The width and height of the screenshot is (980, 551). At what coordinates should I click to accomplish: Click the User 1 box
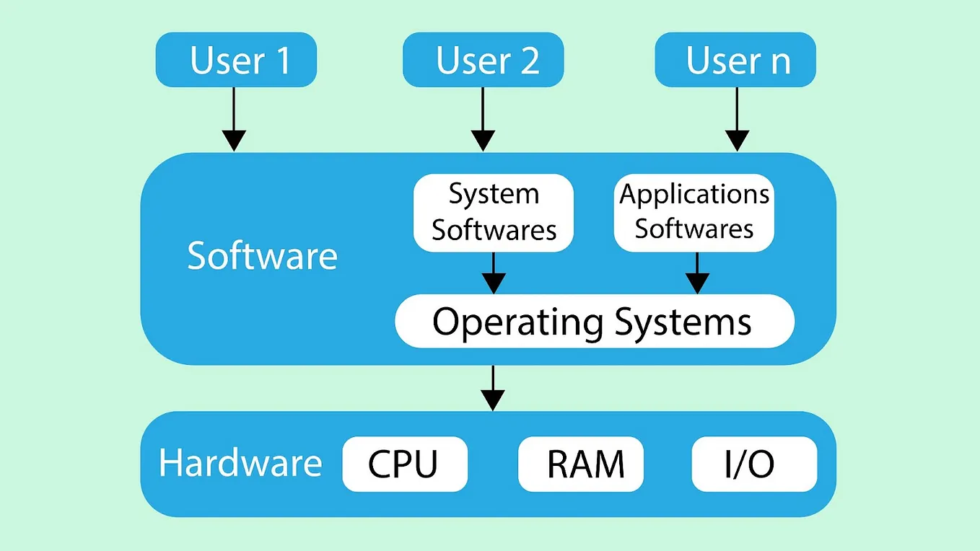coord(236,61)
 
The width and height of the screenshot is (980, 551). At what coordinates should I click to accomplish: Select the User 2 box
coord(483,61)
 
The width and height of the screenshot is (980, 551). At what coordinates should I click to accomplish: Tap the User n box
coord(735,61)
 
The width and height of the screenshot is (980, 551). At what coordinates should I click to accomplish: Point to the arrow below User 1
coord(234,120)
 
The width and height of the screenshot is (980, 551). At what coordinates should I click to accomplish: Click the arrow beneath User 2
coord(483,120)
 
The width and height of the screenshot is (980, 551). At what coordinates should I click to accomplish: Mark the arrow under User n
coord(737,120)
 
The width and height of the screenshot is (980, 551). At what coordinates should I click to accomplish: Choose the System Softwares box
coord(494,213)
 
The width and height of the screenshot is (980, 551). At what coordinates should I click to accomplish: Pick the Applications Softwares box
coord(694,213)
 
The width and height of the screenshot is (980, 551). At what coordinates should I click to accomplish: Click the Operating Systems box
coord(594,321)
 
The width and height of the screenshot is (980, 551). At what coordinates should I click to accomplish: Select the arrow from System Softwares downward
coord(494,273)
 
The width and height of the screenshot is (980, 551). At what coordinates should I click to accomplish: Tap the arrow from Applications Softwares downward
coord(696,273)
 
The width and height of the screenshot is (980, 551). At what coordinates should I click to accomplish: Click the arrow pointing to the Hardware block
coord(493,388)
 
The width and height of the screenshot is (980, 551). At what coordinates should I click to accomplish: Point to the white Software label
coord(262,256)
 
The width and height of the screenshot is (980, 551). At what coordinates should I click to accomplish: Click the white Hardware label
coord(240,463)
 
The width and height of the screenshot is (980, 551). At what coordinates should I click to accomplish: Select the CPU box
coord(404,464)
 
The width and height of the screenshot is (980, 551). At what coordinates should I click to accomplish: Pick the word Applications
coord(694,195)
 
